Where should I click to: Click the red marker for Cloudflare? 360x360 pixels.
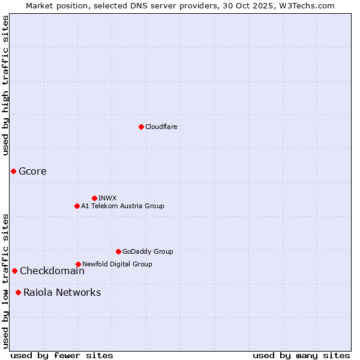(x=141, y=127)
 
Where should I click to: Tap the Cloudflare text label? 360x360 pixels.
(x=161, y=127)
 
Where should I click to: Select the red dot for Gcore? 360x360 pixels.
(x=13, y=171)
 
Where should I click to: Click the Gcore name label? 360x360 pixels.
(x=32, y=171)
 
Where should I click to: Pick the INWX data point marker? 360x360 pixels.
(x=94, y=198)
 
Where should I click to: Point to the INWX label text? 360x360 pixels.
(x=107, y=198)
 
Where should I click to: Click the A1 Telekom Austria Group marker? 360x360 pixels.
(x=77, y=206)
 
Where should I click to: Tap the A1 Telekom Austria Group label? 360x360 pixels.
(x=122, y=206)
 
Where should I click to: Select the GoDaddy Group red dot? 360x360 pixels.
(x=118, y=251)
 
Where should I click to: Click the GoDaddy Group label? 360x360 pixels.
(x=148, y=251)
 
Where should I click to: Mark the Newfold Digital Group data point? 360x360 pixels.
(x=78, y=264)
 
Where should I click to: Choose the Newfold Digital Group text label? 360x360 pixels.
(x=117, y=264)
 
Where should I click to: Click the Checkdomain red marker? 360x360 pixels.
(x=14, y=271)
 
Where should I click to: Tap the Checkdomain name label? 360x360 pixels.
(x=52, y=271)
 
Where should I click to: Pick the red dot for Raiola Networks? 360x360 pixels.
(x=19, y=292)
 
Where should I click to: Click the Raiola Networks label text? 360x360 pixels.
(x=62, y=292)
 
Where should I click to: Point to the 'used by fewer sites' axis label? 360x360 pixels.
(x=62, y=355)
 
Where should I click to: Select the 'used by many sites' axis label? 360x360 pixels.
(x=301, y=355)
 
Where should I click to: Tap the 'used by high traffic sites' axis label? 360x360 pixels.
(x=5, y=85)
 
